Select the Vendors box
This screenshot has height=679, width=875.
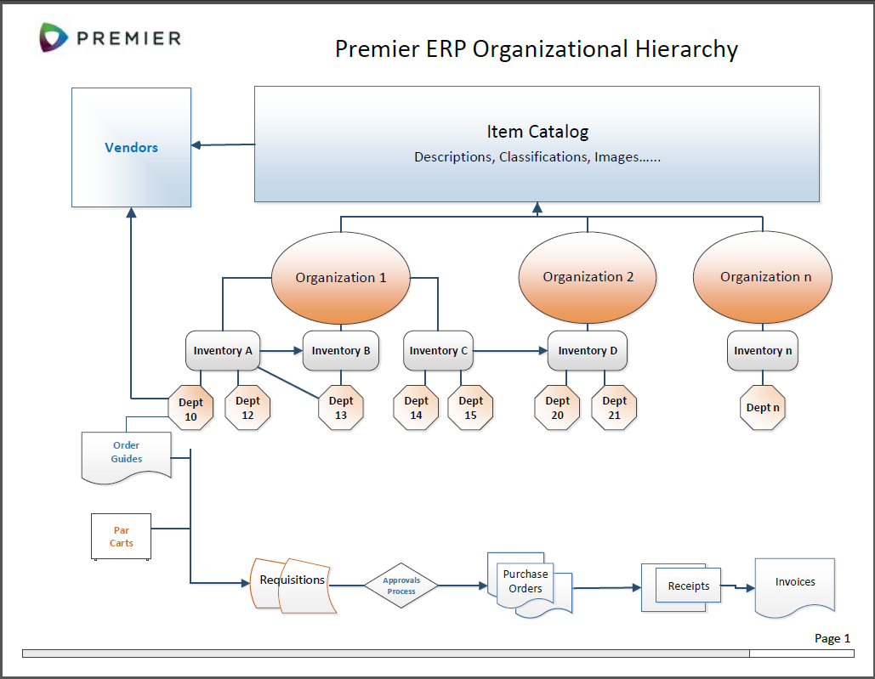click(131, 147)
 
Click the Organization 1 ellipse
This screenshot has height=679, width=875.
click(341, 277)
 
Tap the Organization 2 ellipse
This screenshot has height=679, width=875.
click(588, 277)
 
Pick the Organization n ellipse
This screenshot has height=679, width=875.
click(763, 277)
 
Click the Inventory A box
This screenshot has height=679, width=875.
click(223, 350)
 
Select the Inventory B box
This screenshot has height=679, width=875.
click(341, 350)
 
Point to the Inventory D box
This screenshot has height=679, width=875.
click(588, 350)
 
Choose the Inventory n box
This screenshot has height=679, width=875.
click(763, 350)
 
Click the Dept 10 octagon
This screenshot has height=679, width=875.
click(190, 408)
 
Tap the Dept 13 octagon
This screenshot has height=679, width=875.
click(341, 408)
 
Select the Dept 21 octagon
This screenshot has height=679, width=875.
click(614, 408)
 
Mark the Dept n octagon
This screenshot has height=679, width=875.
click(763, 408)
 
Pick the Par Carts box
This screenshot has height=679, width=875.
click(121, 536)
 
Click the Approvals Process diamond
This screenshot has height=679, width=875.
click(401, 586)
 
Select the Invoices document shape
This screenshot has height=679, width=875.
click(795, 584)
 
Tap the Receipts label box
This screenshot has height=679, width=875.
click(689, 586)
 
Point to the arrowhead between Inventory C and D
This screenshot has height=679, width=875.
click(542, 350)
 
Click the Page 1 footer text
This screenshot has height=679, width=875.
click(832, 638)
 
